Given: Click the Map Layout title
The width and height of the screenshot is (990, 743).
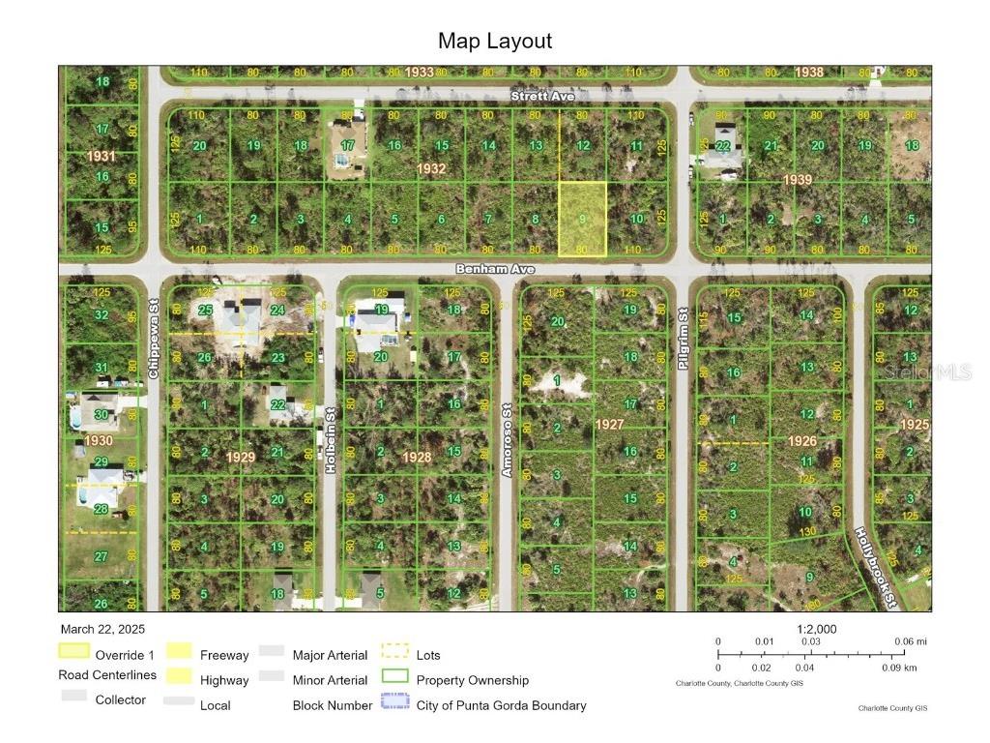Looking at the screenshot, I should tap(495, 41).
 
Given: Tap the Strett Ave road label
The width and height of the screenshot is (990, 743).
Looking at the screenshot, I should tap(542, 96).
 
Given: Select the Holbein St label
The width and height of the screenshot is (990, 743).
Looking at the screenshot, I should tap(331, 452).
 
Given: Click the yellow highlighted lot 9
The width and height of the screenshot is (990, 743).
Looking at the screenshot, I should tap(582, 219).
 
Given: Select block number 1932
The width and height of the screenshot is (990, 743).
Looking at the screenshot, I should tap(431, 168).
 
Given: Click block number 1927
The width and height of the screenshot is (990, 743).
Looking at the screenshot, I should tap(609, 425).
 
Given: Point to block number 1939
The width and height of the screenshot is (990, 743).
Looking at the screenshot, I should tap(798, 179).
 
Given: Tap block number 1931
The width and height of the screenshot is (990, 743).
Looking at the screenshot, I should tap(101, 155).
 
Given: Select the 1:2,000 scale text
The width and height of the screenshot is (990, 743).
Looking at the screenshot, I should tap(816, 629).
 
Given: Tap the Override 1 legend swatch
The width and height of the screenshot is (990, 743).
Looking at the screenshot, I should tap(74, 654).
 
